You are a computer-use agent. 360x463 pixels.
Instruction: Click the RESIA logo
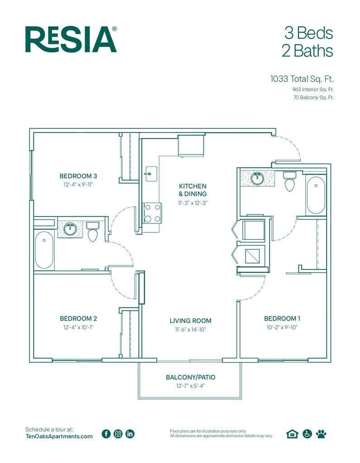[x=71, y=39]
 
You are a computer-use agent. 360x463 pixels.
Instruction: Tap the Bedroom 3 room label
[x=78, y=176]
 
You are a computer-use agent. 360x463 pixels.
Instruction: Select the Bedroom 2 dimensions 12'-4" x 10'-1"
[x=78, y=327]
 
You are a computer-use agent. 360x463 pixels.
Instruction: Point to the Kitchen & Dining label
[x=193, y=190]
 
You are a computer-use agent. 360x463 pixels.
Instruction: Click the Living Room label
[x=190, y=321]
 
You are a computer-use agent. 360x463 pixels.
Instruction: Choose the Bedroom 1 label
[x=282, y=319]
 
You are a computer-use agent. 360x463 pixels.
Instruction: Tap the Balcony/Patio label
[x=190, y=377]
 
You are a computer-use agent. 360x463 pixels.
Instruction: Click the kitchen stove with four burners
[x=152, y=213]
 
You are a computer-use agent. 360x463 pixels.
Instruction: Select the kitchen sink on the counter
[x=151, y=174]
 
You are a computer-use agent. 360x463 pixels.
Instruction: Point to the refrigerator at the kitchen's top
[x=191, y=145]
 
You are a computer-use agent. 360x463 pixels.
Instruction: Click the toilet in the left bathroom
[x=93, y=231]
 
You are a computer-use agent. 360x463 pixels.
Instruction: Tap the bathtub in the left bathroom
[x=44, y=250]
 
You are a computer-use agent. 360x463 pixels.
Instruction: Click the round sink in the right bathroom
[x=257, y=178]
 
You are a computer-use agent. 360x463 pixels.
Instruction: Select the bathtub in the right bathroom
[x=316, y=195]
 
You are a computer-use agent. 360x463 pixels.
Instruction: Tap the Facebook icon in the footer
[x=106, y=434]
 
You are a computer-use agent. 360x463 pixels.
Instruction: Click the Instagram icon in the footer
[x=118, y=434]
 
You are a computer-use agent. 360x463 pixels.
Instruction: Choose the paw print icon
[x=321, y=434]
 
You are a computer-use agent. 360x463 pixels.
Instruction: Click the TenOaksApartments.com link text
[x=59, y=436]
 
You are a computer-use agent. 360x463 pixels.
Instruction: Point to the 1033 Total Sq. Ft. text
[x=302, y=79]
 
